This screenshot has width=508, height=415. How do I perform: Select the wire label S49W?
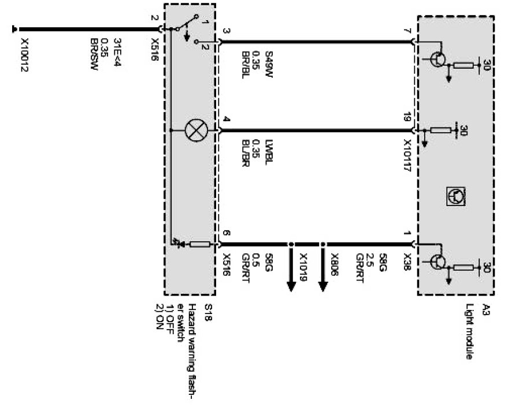point(269,62)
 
